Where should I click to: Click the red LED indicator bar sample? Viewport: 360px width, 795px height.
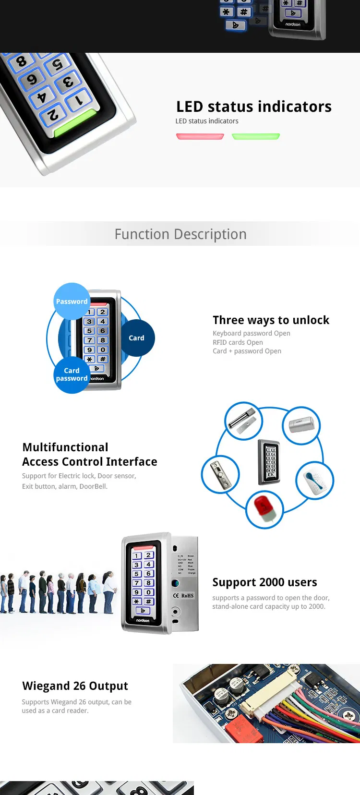(x=200, y=137)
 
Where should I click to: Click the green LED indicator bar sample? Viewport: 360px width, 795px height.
(x=256, y=137)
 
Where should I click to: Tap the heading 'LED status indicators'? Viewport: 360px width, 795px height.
(x=253, y=107)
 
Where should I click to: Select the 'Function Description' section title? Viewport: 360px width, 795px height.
(x=180, y=234)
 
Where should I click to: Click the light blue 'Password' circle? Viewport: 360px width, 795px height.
(x=72, y=301)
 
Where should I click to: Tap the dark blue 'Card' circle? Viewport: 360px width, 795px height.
(x=136, y=338)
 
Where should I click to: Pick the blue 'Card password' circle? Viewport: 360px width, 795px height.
(x=72, y=374)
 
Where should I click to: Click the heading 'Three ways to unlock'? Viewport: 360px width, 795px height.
(x=271, y=320)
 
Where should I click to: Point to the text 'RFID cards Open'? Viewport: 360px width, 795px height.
(x=238, y=342)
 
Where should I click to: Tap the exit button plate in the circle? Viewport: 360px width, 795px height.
(x=220, y=475)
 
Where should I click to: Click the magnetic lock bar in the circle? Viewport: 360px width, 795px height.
(x=243, y=421)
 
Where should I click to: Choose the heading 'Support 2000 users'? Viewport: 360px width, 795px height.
(x=264, y=582)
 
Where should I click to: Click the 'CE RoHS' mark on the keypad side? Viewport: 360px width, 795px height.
(x=183, y=596)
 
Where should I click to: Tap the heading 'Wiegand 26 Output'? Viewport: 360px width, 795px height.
(x=75, y=686)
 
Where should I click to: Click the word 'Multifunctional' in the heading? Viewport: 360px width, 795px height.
(x=65, y=447)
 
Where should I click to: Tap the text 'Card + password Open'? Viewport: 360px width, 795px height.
(x=247, y=351)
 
